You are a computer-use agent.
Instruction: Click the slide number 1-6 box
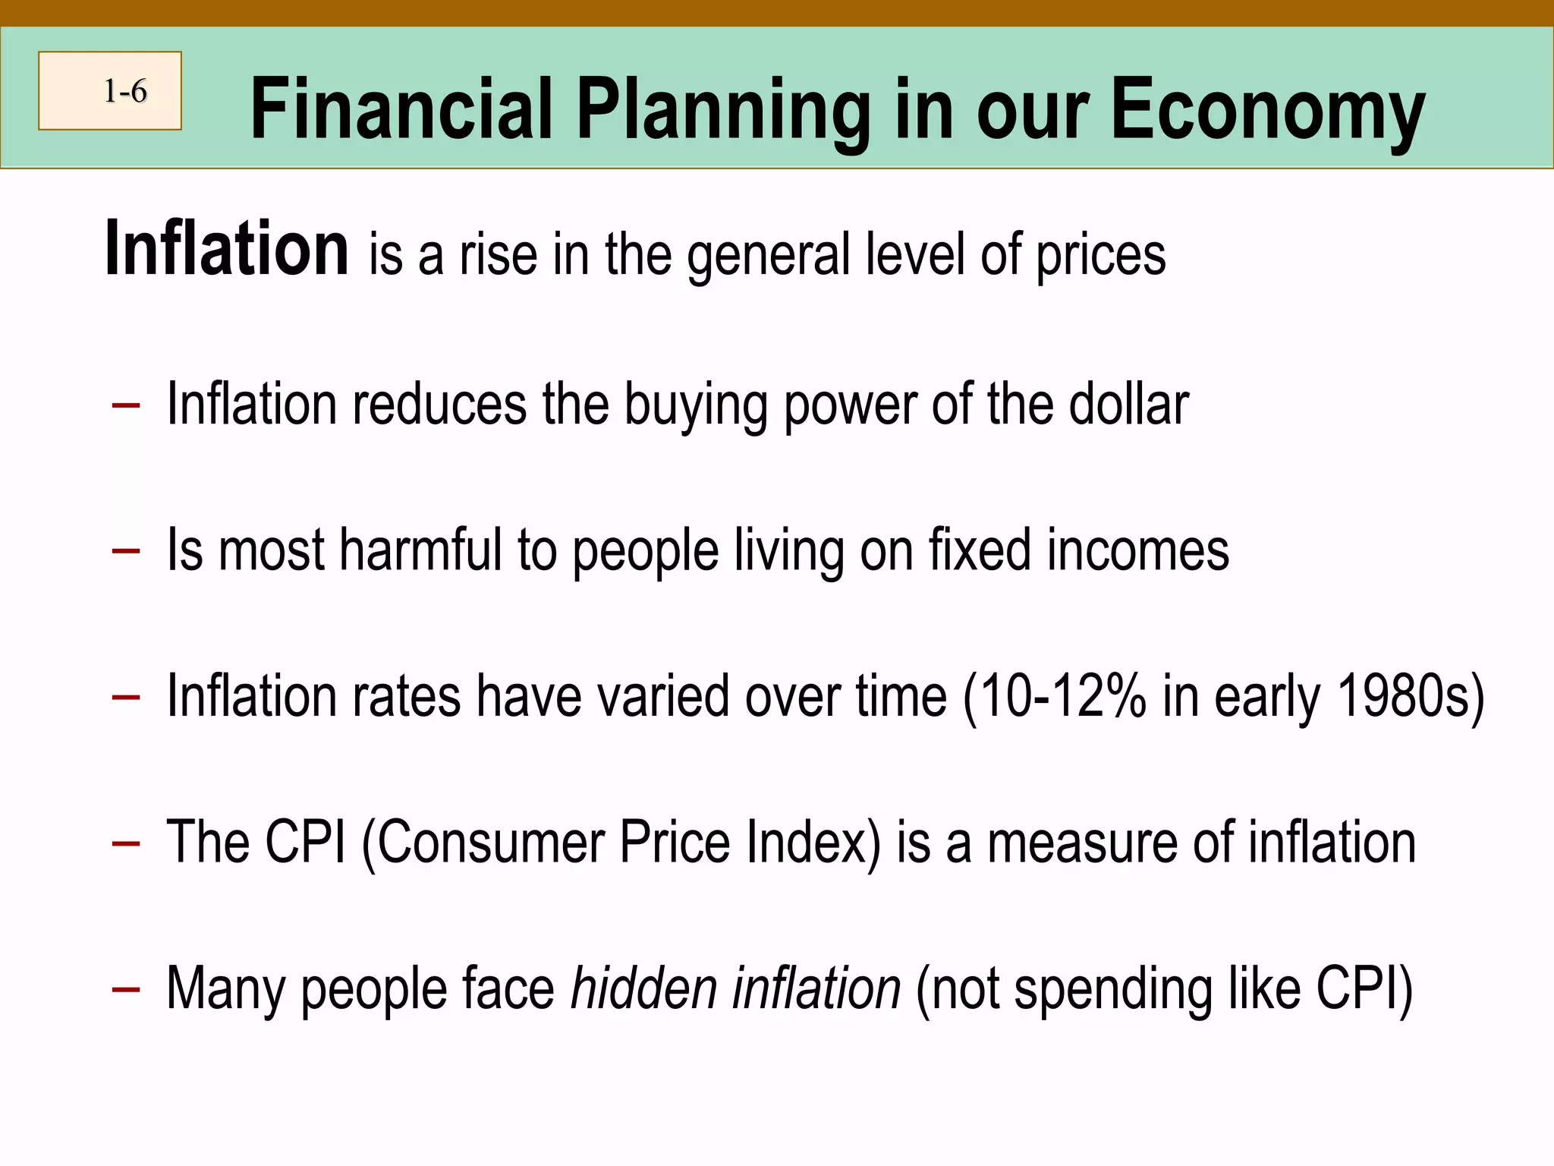(x=110, y=91)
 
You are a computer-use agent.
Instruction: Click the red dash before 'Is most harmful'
(x=125, y=550)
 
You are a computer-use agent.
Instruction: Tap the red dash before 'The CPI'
(x=125, y=843)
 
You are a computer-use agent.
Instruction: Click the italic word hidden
(x=644, y=988)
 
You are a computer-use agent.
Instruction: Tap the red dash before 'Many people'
(x=125, y=989)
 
